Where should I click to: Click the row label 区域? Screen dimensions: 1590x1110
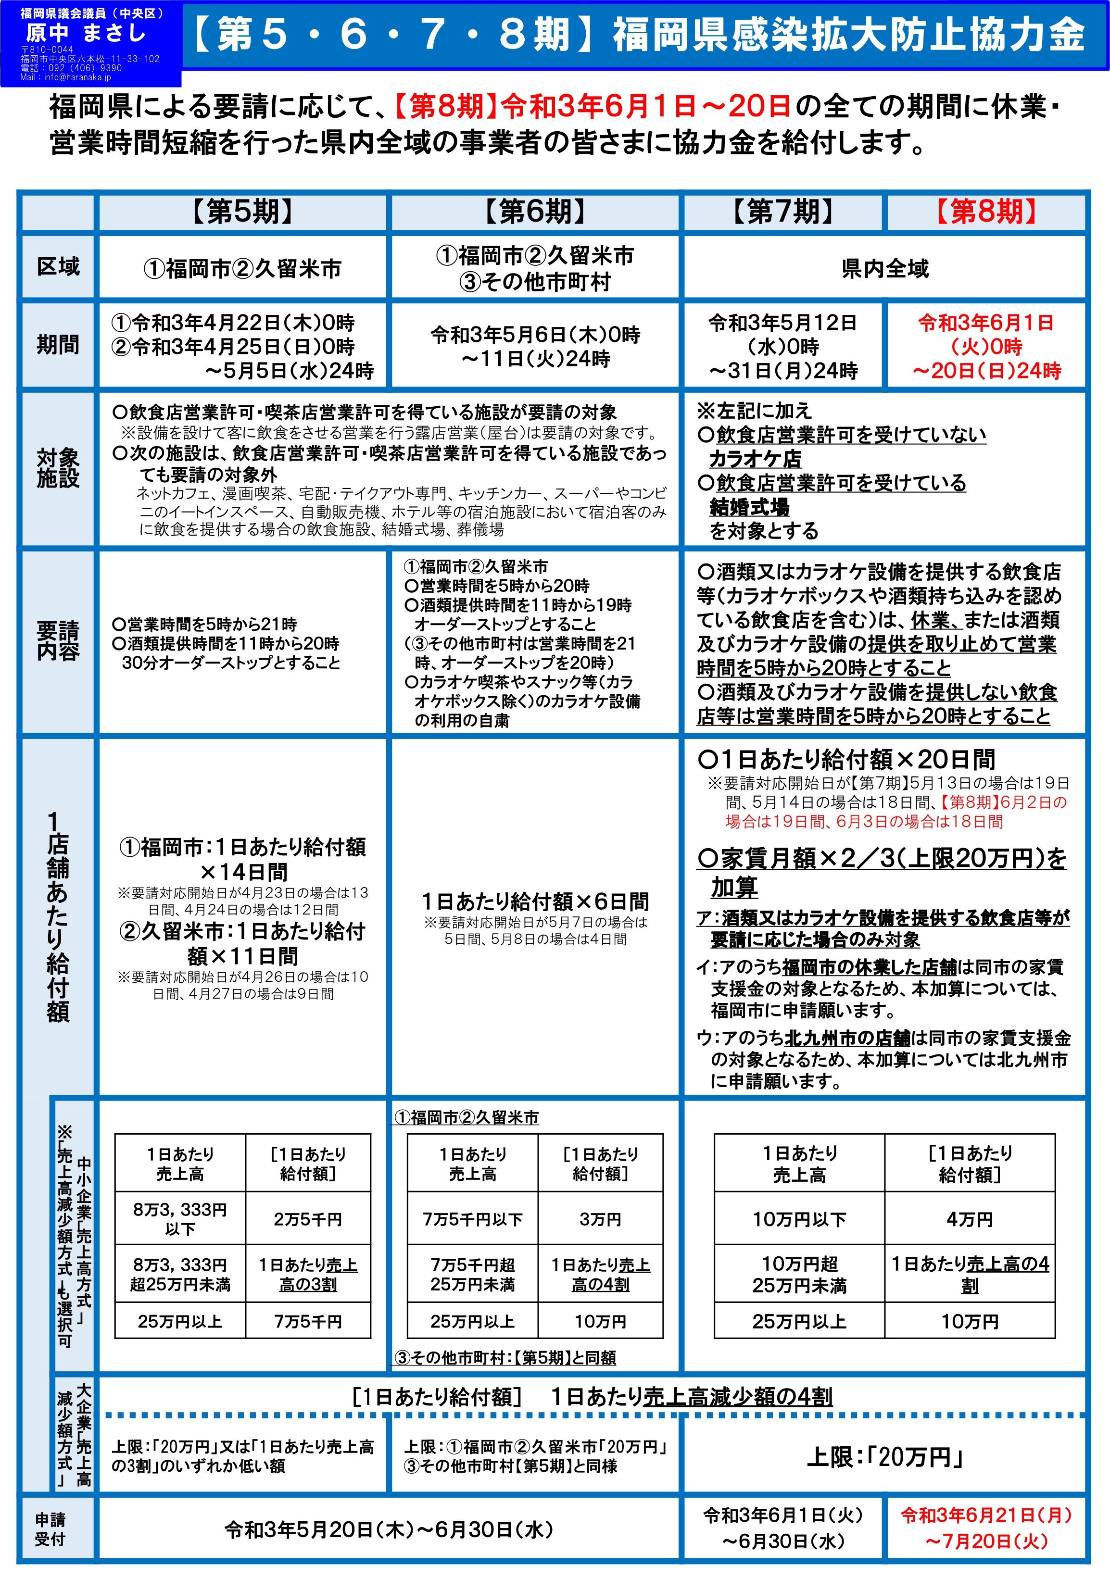click(58, 267)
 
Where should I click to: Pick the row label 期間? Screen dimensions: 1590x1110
click(58, 344)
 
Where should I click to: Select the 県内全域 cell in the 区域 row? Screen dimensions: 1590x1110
click(885, 269)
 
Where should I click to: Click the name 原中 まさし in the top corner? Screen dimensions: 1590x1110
click(86, 33)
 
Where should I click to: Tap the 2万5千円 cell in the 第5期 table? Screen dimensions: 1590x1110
click(308, 1219)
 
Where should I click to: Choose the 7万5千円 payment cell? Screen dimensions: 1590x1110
click(308, 1321)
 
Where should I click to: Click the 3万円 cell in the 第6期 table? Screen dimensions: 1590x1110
click(600, 1219)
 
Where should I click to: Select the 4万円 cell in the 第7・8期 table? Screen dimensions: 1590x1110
click(970, 1219)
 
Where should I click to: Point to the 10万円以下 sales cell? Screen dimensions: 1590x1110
click(800, 1219)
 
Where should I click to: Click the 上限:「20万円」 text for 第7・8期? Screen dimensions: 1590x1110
click(885, 1457)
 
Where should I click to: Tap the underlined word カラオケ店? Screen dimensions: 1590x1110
click(755, 459)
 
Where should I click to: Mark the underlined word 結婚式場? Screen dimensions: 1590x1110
click(750, 507)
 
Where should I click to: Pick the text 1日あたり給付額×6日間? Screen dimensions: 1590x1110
click(535, 901)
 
